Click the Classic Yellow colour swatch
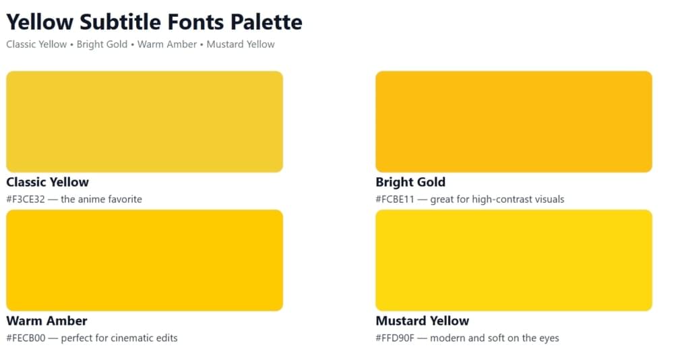144,121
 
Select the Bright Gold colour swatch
514,121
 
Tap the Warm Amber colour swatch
144,260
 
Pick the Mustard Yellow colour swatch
514,260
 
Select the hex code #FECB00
26,338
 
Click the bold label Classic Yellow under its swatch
47,182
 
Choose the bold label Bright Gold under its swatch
410,182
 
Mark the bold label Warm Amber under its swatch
47,321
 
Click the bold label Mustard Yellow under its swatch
422,321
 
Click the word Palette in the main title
266,22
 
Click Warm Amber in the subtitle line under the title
167,44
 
